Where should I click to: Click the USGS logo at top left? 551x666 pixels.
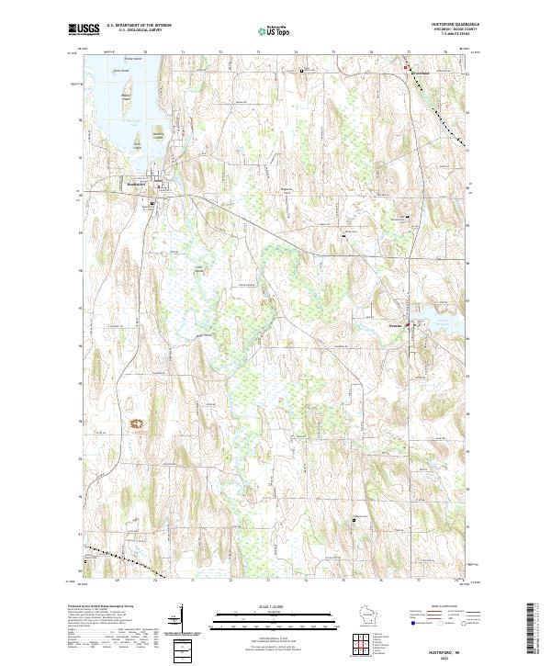(84, 29)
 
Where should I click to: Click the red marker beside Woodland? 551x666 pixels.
(407, 66)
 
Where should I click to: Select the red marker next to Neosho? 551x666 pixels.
(409, 323)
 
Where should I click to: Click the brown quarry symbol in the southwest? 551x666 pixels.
(140, 423)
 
